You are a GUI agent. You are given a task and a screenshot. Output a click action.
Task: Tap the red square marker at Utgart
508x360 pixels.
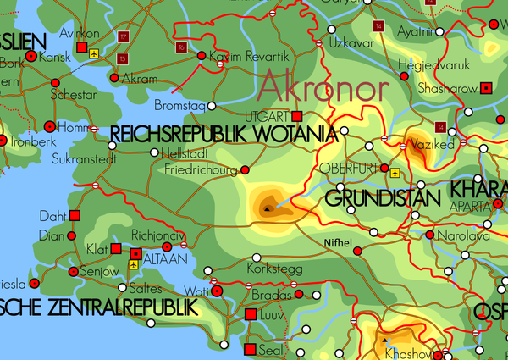coord(297,116)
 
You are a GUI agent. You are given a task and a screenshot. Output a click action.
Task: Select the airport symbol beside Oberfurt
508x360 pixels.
coord(396,172)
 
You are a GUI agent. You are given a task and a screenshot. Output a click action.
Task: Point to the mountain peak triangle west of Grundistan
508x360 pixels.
coord(268,206)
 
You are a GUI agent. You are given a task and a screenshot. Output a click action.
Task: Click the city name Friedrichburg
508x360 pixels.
coord(198,169)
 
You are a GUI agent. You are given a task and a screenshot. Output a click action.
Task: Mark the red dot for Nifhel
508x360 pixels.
coord(356,252)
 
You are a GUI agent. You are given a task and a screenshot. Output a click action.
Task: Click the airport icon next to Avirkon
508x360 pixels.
coord(95,53)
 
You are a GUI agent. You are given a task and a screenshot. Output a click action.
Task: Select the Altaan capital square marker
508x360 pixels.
coord(135,252)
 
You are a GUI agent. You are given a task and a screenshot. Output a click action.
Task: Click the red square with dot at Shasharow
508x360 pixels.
coord(486,87)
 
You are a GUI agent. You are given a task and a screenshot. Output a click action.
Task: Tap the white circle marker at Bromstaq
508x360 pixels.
coord(212,107)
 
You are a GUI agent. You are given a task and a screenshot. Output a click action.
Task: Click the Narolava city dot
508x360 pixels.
coord(430,235)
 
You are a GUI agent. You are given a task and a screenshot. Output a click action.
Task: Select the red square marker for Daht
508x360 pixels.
coord(74,216)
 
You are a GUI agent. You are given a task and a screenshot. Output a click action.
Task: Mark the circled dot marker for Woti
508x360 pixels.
coord(218,291)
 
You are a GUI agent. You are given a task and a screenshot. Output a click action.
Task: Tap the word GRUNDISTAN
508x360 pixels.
coord(382,199)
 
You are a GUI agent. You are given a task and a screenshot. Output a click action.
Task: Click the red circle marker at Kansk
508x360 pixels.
coord(31,56)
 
